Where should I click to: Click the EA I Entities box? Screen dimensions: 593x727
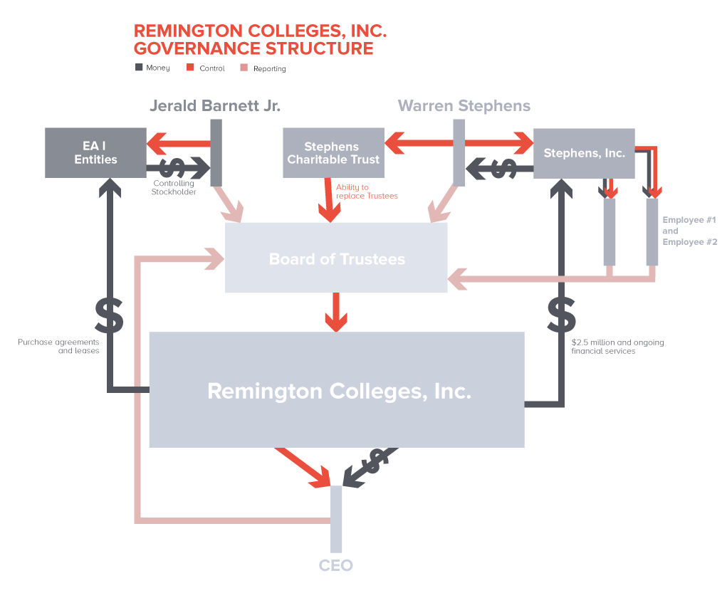coord(95,152)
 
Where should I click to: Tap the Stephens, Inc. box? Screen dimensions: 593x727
coord(584,153)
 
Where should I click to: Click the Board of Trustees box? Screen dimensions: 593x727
coord(336,258)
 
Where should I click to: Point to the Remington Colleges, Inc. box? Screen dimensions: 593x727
coord(336,390)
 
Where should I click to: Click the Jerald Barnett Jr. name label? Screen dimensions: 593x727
coord(215,106)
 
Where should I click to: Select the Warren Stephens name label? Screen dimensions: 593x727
coord(464,106)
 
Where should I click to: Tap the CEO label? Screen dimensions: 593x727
coord(335,566)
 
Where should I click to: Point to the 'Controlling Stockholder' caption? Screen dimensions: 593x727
coord(173,188)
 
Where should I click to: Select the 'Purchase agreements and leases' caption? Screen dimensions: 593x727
coord(58,347)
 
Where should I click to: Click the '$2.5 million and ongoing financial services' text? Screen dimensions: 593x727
coord(617,347)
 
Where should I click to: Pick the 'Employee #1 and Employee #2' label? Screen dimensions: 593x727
coord(689,231)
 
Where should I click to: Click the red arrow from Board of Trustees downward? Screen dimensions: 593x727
coord(336,313)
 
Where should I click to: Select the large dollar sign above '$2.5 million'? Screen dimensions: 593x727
coord(562,314)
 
